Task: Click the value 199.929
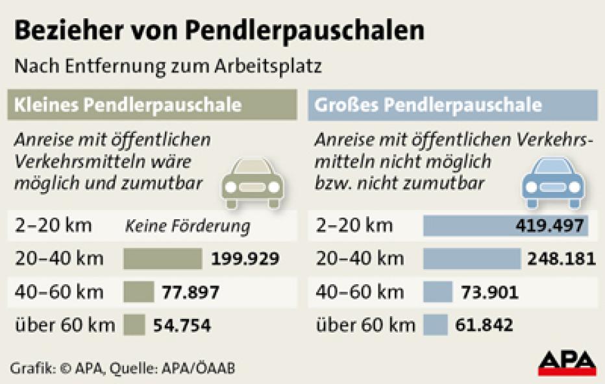(245, 259)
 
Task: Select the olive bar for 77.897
(138, 292)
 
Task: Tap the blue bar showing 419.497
(506, 226)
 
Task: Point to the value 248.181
(561, 259)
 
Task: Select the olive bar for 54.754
(134, 324)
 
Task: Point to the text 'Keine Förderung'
(187, 226)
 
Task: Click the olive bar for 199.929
(162, 259)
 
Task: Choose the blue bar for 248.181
(471, 259)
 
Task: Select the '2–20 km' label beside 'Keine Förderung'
(53, 226)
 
